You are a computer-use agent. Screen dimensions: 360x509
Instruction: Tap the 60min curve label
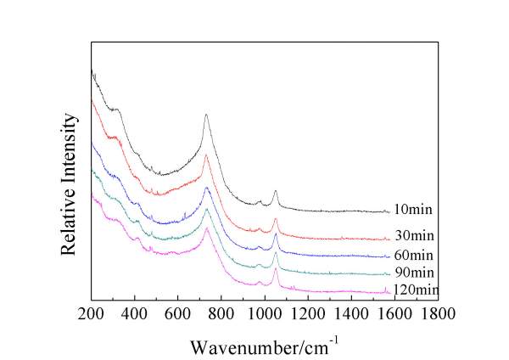point(416,256)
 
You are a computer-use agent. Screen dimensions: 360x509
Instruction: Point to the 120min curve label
point(418,290)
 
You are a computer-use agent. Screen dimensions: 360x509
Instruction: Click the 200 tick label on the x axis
point(91,314)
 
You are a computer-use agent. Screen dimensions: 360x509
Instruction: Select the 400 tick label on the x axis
point(134,314)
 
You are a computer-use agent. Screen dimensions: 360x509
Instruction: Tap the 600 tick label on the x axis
point(177,314)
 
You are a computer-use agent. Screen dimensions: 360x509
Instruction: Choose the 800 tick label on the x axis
point(221,314)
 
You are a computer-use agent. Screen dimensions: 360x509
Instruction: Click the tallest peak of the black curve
point(206,115)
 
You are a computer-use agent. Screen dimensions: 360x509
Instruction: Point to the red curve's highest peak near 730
point(206,155)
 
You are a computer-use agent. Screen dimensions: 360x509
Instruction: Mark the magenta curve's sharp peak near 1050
point(276,269)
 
